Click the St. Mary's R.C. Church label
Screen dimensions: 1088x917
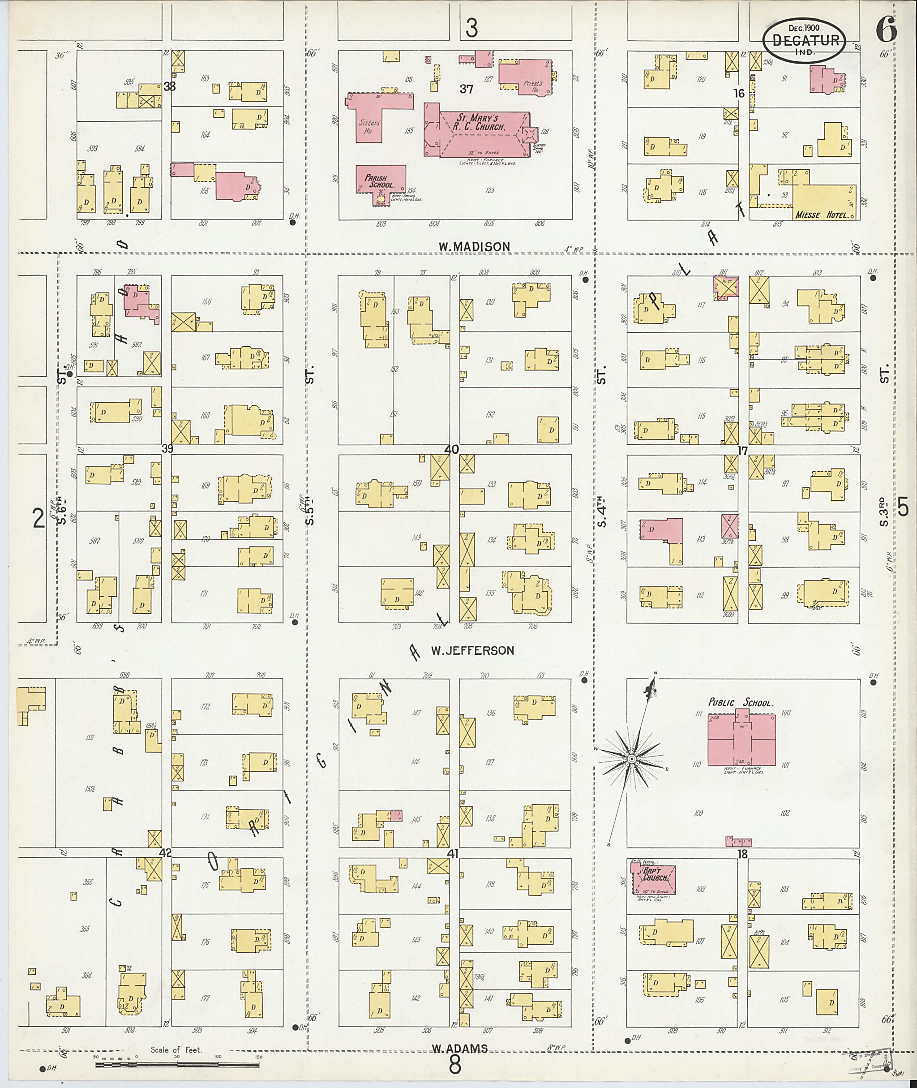(x=481, y=122)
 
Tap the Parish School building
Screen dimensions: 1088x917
(x=381, y=181)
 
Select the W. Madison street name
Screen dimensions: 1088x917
(x=474, y=246)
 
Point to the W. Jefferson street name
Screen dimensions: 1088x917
(x=472, y=650)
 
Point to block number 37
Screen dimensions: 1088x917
(x=466, y=89)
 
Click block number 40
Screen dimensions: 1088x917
(x=451, y=449)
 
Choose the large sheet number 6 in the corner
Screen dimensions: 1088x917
(x=886, y=29)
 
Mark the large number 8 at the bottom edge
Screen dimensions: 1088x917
(x=455, y=1066)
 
